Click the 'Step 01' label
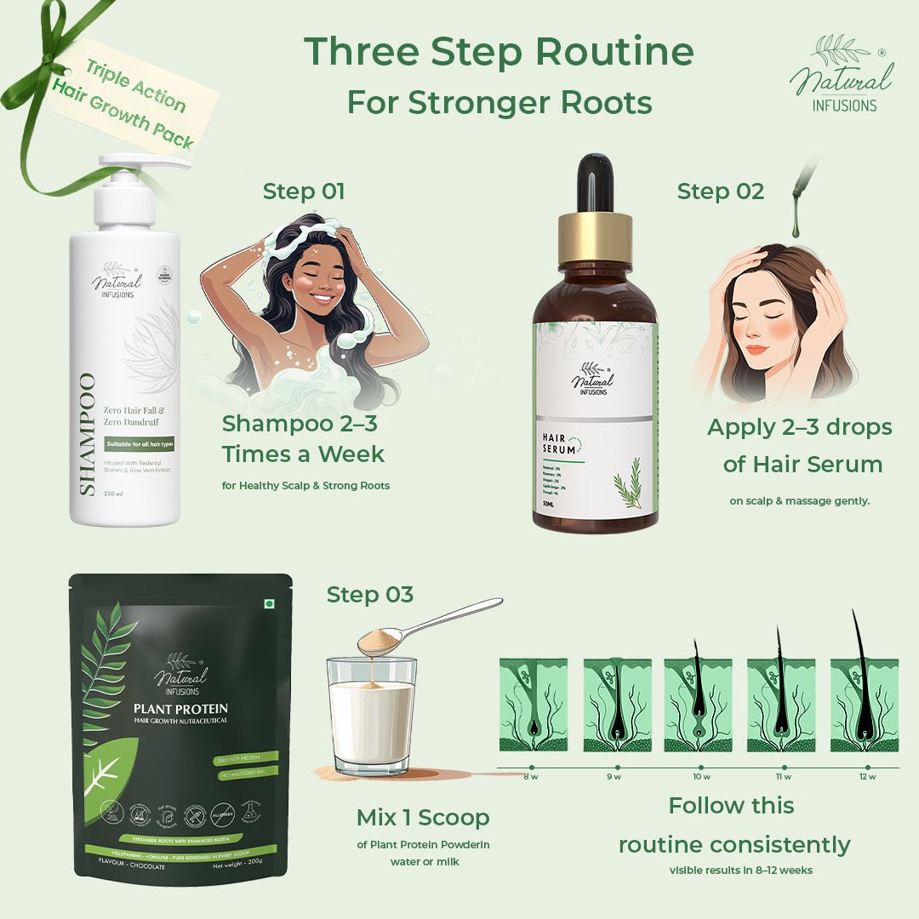[304, 191]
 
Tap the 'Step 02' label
[720, 191]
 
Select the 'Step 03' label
[370, 594]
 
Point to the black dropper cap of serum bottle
[595, 182]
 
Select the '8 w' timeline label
[531, 777]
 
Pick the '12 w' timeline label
[866, 777]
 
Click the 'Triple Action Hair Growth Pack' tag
[132, 98]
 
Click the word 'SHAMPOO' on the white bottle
[87, 433]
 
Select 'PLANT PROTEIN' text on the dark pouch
[180, 708]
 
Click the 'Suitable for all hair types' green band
[140, 444]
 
